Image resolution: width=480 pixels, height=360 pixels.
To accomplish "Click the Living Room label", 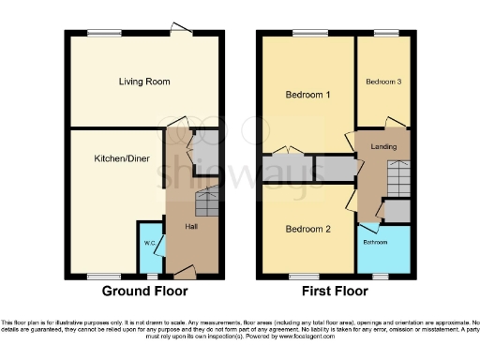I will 144,82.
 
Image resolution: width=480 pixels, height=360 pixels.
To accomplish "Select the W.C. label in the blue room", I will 149,244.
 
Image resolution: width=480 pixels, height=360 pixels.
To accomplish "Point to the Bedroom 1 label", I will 307,95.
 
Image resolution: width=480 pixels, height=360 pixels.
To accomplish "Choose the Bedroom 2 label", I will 307,229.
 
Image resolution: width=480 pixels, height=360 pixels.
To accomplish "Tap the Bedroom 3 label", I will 383,82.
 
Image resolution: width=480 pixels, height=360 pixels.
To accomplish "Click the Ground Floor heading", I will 144,292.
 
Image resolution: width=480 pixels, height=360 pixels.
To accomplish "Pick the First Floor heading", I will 336,292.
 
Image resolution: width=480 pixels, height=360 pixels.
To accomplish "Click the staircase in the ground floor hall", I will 206,201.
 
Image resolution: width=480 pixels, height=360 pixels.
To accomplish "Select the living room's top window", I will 103,35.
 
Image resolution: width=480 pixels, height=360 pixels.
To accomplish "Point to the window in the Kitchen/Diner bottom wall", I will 102,277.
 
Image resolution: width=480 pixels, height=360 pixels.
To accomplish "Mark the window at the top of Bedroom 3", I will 385,35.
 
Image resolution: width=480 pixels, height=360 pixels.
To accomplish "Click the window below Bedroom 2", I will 303,277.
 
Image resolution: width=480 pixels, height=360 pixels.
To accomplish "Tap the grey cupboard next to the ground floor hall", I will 206,148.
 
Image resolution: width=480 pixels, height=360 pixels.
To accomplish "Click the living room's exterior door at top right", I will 176,30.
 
